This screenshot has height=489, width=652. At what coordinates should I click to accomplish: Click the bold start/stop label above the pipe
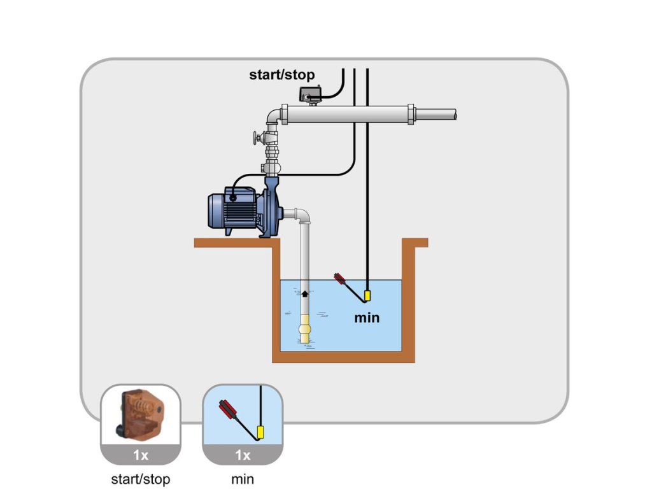(281, 75)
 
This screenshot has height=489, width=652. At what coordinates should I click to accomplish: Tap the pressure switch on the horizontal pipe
(310, 95)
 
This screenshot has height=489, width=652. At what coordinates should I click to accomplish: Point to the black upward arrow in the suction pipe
(304, 294)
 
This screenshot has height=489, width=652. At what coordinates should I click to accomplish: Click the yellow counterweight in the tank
(367, 296)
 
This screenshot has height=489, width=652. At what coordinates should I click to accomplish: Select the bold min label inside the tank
(367, 317)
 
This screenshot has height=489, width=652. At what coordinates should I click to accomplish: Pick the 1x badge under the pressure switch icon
(140, 455)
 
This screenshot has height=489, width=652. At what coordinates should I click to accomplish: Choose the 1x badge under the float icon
(243, 455)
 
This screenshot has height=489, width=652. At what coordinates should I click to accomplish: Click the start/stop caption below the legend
(140, 478)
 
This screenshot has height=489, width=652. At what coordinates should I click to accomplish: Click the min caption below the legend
(242, 478)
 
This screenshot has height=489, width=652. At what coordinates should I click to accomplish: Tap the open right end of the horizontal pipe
(455, 115)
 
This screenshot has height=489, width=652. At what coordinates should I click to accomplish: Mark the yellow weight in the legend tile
(260, 434)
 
